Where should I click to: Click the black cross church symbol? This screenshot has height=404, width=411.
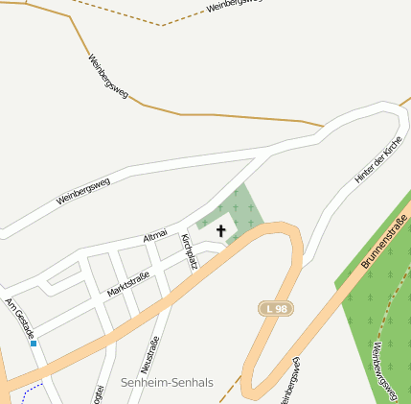[x=222, y=230]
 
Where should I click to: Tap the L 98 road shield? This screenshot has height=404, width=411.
[x=276, y=308]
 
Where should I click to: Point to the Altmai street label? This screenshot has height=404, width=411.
[x=154, y=235]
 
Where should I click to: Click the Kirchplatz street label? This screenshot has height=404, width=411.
[x=189, y=250]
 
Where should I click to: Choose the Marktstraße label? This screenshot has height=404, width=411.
[x=127, y=283]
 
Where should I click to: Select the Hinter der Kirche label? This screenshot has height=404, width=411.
[x=379, y=159]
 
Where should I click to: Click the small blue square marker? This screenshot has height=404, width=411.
[x=34, y=343]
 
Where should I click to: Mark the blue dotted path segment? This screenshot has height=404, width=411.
[x=32, y=390]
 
